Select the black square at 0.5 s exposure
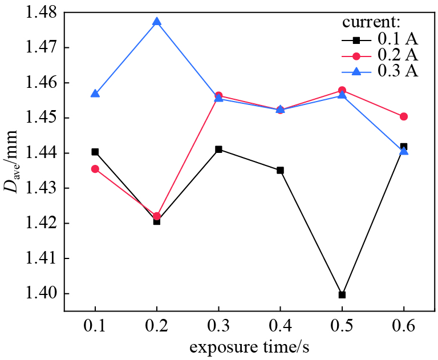click(x=342, y=295)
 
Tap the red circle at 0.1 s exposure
click(x=95, y=169)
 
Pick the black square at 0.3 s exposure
click(x=218, y=149)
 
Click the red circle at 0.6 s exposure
click(x=404, y=116)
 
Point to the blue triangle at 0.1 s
click(x=95, y=94)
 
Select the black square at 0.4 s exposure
click(x=280, y=170)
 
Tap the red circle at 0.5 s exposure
click(x=342, y=90)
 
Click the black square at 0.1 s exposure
click(x=95, y=152)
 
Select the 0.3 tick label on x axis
click(x=218, y=327)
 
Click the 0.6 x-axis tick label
click(x=404, y=327)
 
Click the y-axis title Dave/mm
click(x=13, y=161)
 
